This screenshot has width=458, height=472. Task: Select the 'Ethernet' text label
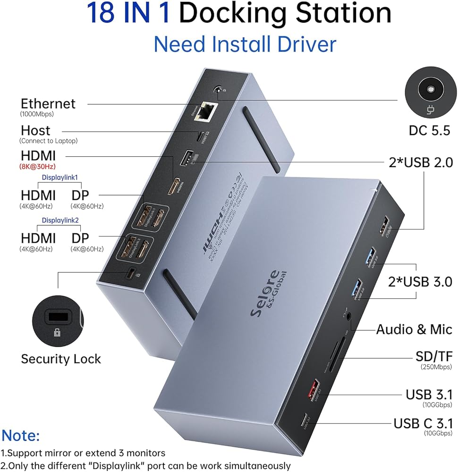[x=48, y=103]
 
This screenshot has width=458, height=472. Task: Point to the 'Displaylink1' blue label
[x=60, y=177]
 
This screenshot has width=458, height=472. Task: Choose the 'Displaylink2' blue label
[x=60, y=220]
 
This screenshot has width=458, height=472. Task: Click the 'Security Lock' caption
[x=61, y=359]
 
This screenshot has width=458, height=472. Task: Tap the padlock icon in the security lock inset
[x=57, y=333]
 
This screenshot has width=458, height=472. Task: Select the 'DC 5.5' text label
[x=430, y=131]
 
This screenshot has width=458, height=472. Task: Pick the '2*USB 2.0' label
[x=420, y=163]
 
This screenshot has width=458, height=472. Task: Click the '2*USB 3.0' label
[x=420, y=282]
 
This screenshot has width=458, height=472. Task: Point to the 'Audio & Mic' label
[x=414, y=329]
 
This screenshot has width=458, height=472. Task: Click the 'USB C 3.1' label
[x=423, y=423]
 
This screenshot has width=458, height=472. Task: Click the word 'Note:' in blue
[x=21, y=435]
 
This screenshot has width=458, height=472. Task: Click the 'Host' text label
[x=35, y=130]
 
